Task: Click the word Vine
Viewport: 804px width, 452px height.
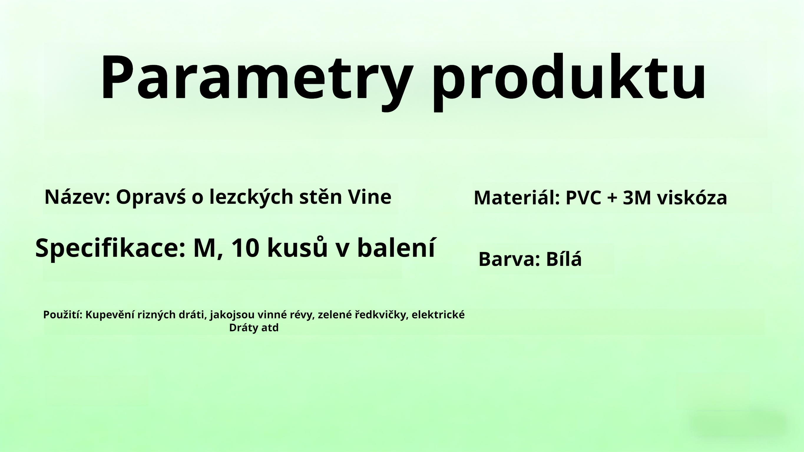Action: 370,197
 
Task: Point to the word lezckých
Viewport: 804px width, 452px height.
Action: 251,197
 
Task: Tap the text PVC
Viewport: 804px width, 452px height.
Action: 583,198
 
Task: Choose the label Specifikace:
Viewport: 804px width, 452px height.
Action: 110,249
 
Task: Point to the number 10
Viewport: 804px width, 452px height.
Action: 245,248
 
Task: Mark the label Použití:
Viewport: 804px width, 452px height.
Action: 63,315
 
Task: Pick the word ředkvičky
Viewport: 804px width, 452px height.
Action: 382,315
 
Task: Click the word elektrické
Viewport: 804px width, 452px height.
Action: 438,315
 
